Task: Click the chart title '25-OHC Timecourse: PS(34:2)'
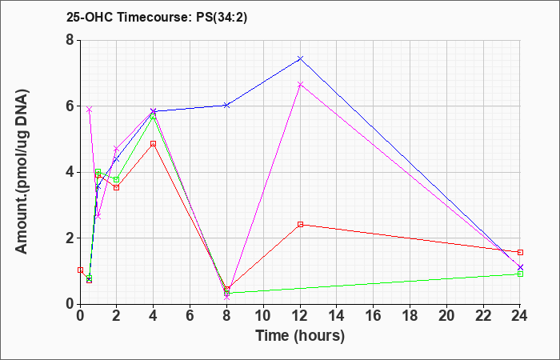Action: point(157,18)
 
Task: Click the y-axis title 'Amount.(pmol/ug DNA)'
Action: point(22,171)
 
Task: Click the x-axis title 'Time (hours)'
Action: point(300,336)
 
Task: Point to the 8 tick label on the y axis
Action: point(70,40)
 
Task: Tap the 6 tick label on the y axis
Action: point(70,106)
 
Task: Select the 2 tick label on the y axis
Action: point(70,238)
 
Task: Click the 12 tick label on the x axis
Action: point(300,316)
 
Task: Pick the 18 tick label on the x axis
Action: point(410,316)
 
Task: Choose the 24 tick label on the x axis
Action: point(520,316)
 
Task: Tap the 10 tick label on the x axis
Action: point(263,316)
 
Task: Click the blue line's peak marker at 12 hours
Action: point(300,58)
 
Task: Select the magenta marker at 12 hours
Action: point(300,84)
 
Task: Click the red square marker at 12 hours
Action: point(300,224)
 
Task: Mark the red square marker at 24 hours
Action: point(520,252)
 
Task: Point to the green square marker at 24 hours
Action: point(520,274)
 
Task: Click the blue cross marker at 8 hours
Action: point(226,105)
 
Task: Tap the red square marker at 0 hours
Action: point(80,270)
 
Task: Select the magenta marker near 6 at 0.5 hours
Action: point(90,110)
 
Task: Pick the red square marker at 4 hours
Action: point(154,143)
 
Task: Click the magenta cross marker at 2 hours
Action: point(117,149)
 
